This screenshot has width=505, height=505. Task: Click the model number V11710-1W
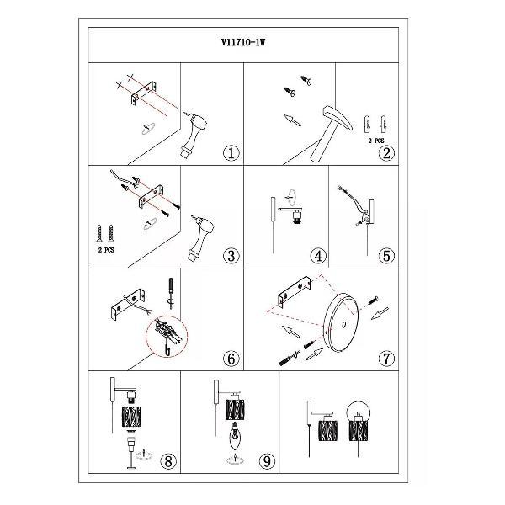click(243, 43)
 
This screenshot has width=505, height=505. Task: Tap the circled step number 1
click(231, 153)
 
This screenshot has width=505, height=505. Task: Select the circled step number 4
click(318, 256)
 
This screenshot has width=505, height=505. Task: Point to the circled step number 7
click(386, 359)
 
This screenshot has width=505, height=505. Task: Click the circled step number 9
click(268, 461)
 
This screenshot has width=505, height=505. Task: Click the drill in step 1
click(194, 135)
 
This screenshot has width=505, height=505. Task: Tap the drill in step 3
click(202, 239)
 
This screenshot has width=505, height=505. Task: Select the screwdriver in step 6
click(170, 294)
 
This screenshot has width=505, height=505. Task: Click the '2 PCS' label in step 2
click(376, 141)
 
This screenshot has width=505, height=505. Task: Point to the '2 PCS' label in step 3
click(106, 250)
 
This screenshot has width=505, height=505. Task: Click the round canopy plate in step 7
click(341, 322)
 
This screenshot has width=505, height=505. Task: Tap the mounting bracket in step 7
click(295, 292)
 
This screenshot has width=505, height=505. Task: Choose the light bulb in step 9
click(236, 436)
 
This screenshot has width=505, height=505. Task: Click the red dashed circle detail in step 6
click(167, 336)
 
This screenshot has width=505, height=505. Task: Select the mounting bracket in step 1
click(144, 93)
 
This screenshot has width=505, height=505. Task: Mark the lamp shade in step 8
click(131, 417)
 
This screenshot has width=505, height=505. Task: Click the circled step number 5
click(386, 256)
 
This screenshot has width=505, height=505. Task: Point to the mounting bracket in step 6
click(128, 306)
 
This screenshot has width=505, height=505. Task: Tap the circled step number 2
click(386, 153)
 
